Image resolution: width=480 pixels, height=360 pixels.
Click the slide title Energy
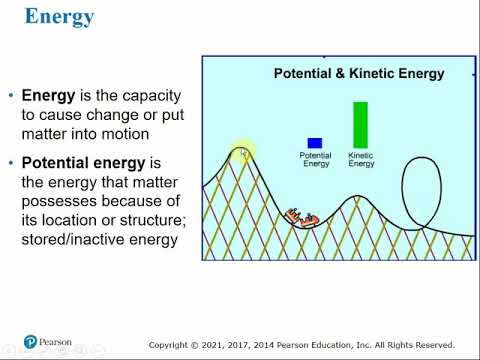pyautogui.click(x=59, y=18)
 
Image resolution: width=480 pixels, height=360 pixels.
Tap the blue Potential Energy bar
pyautogui.click(x=315, y=143)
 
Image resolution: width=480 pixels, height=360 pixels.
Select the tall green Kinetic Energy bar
pyautogui.click(x=360, y=125)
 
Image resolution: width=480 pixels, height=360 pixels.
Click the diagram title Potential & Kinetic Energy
pyautogui.click(x=359, y=73)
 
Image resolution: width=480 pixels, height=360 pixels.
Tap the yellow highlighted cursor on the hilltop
pyautogui.click(x=242, y=152)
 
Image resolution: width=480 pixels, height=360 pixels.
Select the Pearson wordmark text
pyautogui.click(x=56, y=342)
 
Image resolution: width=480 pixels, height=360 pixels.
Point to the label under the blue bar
pyautogui.click(x=316, y=160)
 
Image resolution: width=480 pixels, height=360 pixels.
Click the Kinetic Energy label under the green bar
pyautogui.click(x=361, y=160)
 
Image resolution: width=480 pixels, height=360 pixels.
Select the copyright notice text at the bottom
pyautogui.click(x=301, y=345)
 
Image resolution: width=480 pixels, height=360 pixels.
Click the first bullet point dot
pyautogui.click(x=11, y=97)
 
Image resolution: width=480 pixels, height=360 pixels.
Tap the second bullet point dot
pyautogui.click(x=11, y=162)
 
